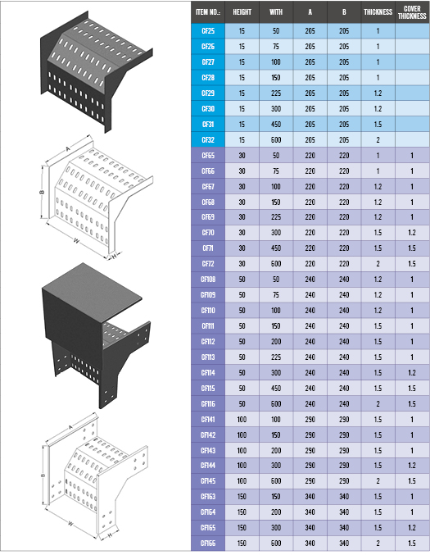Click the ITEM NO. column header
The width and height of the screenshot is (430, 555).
click(x=208, y=12)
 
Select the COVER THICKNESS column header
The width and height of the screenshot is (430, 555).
click(x=412, y=12)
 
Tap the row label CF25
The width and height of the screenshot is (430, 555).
click(x=208, y=31)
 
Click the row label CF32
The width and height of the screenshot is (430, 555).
click(x=208, y=140)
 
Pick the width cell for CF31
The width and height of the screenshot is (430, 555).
click(x=276, y=125)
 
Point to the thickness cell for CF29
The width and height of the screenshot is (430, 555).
click(x=378, y=93)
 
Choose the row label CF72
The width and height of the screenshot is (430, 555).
click(x=208, y=264)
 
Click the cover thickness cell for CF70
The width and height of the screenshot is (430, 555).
click(x=412, y=233)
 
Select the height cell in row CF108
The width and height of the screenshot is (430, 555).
click(x=242, y=280)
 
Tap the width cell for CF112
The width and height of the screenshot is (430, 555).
click(x=276, y=342)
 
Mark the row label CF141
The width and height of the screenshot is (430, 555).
click(x=208, y=420)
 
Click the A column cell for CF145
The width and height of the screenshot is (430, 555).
click(x=310, y=481)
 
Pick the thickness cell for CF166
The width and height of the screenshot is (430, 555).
click(x=378, y=544)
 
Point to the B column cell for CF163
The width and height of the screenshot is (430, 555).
click(x=344, y=497)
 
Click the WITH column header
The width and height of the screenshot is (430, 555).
click(x=276, y=12)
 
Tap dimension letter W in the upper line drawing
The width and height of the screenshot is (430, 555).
click(x=76, y=241)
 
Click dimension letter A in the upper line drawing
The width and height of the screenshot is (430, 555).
click(x=68, y=149)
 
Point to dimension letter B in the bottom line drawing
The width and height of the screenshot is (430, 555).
click(x=43, y=475)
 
